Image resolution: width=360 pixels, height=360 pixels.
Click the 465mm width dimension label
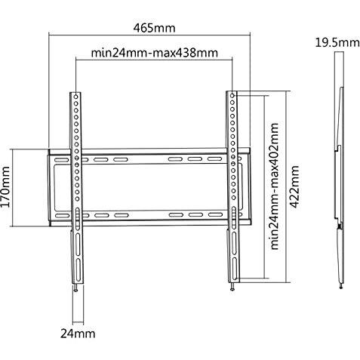[154, 28]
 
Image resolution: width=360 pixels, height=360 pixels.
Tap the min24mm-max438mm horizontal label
[154, 53]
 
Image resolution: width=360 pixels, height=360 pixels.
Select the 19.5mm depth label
[337, 42]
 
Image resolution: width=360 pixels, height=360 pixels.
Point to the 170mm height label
[5, 186]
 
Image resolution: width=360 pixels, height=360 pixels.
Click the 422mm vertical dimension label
[294, 186]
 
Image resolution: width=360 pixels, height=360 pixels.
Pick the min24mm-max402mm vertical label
[275, 186]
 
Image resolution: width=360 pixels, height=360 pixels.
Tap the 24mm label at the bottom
[78, 334]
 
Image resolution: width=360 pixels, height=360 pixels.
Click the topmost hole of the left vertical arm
[75, 97]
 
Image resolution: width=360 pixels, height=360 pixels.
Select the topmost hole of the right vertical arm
[232, 96]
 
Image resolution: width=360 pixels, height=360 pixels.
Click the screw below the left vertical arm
[76, 288]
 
